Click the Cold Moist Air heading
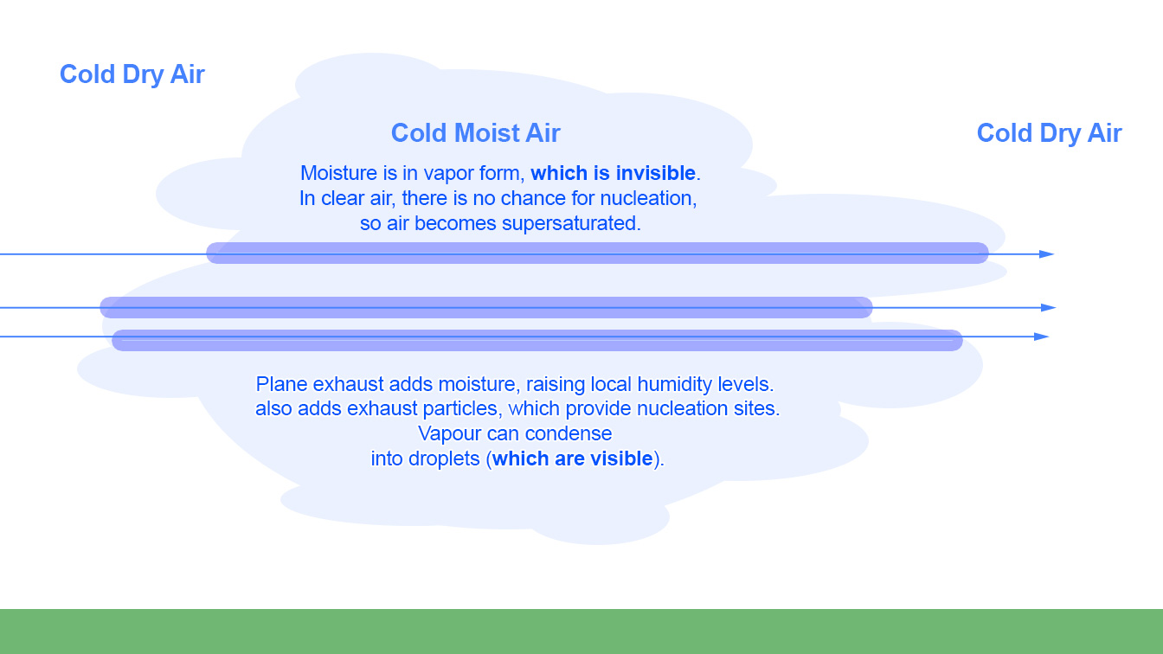point(476,133)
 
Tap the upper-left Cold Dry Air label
point(132,74)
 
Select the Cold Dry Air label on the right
point(1050,133)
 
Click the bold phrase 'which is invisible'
point(614,173)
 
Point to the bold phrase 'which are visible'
point(573,458)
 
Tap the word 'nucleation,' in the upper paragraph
point(648,198)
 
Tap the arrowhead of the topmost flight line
point(1047,254)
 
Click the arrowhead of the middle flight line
point(1049,308)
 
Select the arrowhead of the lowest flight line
point(1042,337)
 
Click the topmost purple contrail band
point(597,253)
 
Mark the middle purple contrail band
point(486,307)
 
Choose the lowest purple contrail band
point(537,341)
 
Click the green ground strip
point(581,632)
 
